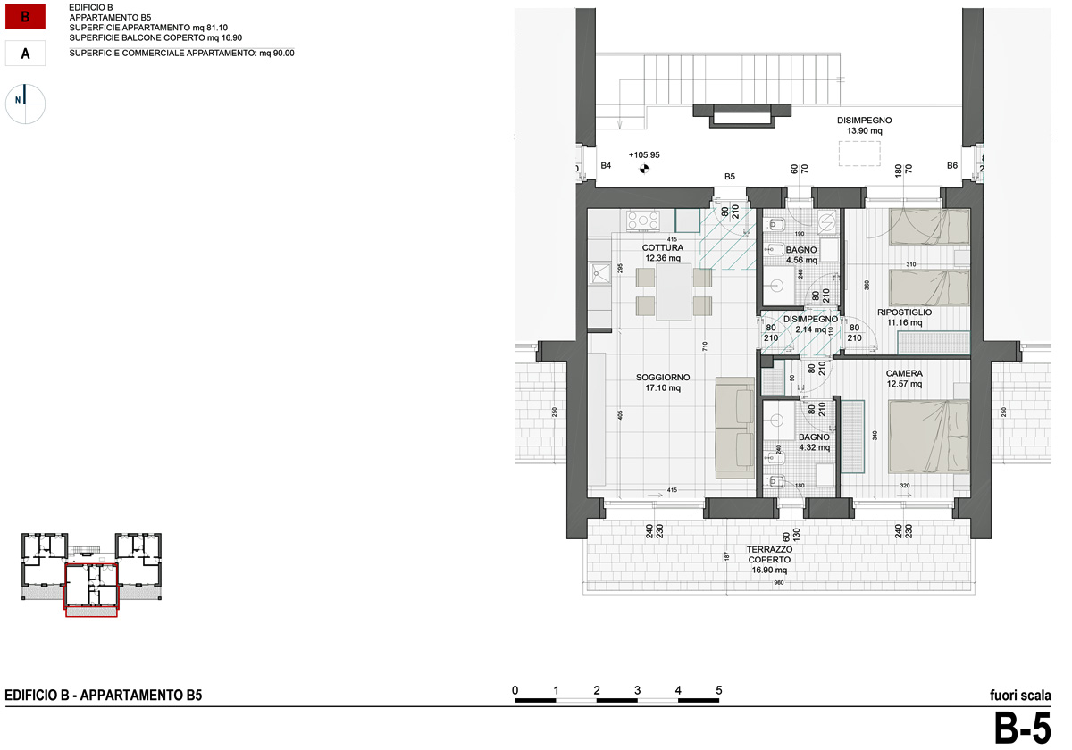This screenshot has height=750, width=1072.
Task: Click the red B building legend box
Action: (26, 18)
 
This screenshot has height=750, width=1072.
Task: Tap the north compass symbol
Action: (26, 103)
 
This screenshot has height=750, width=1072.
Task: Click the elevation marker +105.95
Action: (643, 154)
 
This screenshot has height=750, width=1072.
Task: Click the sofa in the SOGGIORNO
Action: (735, 429)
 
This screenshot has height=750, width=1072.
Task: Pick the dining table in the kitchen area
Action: (674, 292)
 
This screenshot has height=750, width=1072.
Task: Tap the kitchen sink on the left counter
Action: (599, 273)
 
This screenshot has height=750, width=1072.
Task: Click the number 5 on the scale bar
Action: (719, 690)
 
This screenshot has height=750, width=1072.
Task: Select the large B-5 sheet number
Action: (1023, 729)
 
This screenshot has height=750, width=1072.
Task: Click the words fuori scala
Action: (1020, 696)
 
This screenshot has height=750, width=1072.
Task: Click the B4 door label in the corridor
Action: (605, 166)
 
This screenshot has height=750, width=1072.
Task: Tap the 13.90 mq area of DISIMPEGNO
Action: (864, 131)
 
